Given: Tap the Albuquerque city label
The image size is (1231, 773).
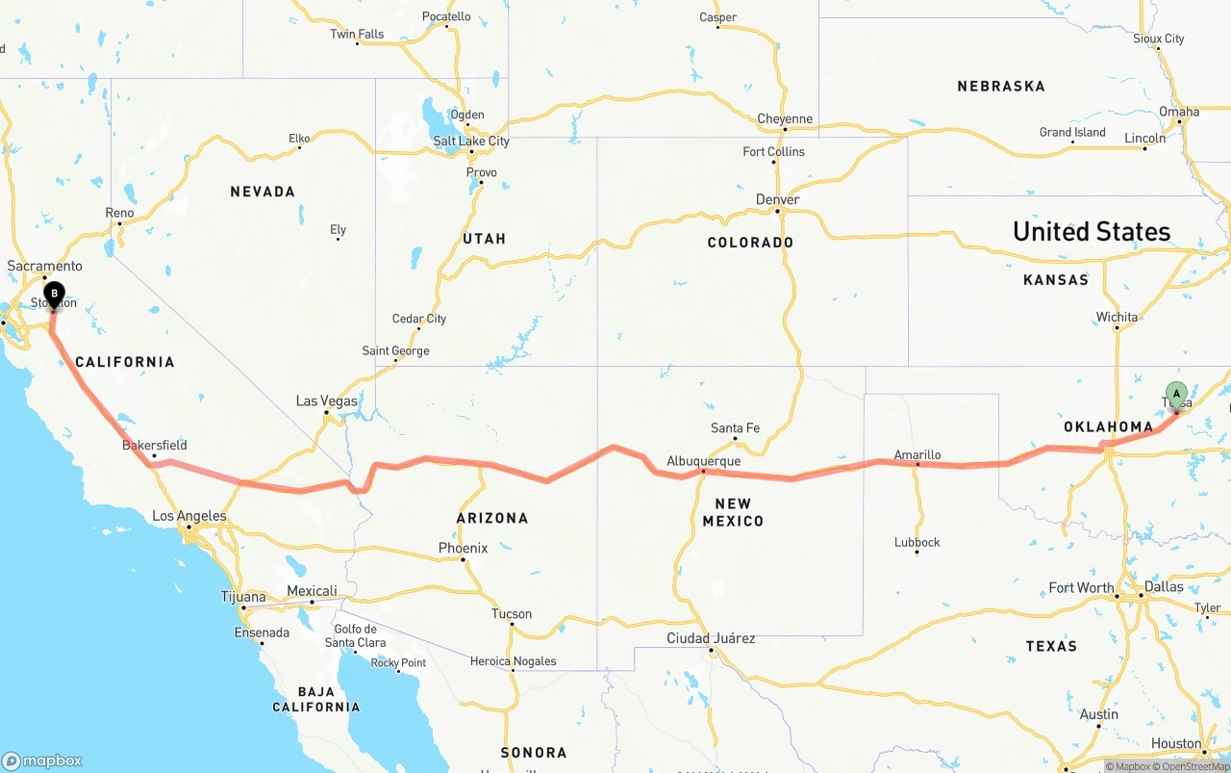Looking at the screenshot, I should tap(703, 461).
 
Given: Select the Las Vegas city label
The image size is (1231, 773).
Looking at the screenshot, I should tap(326, 401).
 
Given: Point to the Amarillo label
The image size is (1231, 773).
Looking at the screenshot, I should tap(917, 455).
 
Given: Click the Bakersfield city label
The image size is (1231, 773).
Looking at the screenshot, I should tap(154, 446).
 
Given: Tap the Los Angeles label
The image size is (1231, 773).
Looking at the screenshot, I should tap(188, 516).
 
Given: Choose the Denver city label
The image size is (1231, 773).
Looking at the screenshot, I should tap(777, 200).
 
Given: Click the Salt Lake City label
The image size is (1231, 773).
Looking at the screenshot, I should tap(470, 142).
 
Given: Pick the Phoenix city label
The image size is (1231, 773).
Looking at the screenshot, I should tap(463, 548).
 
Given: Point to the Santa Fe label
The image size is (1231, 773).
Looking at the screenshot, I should tap(735, 428).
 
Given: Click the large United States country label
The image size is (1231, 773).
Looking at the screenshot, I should tap(1091, 232).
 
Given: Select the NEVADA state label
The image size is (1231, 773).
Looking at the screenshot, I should tap(263, 193).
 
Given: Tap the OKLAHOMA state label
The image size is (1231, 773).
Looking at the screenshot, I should tap(1108, 426).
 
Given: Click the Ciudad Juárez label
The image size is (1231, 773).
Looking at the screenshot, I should tap(711, 638).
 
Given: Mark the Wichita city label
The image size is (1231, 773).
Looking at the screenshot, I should tap(1117, 317).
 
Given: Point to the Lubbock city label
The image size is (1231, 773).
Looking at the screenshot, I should tap(917, 542).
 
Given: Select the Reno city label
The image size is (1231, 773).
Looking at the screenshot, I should tap(119, 213).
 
